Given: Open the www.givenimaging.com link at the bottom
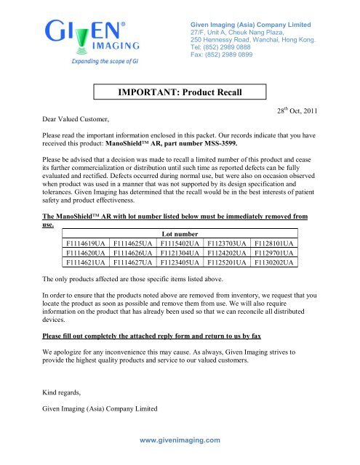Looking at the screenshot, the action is pos(180,440).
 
